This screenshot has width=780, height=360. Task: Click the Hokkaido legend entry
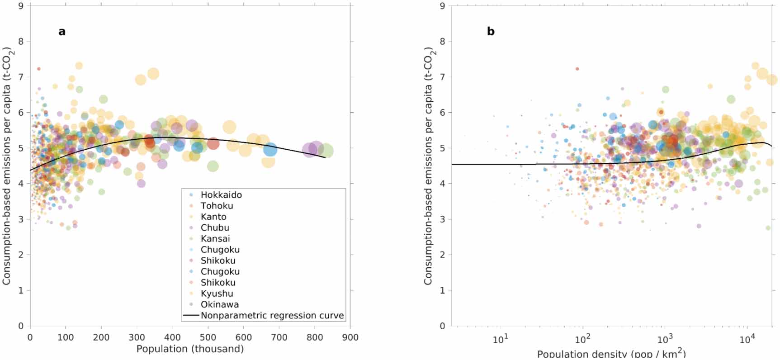[221, 195]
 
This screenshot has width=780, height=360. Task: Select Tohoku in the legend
[217, 206]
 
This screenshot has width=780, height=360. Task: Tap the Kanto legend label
[213, 217]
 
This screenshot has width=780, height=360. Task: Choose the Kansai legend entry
[215, 239]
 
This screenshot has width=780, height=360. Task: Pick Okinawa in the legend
[220, 304]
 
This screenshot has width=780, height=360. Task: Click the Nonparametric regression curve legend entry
[272, 315]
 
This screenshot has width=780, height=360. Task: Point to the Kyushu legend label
[217, 294]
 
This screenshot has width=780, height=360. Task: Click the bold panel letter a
[62, 32]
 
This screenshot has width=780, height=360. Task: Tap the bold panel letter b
[491, 32]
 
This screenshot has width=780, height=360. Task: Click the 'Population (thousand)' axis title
[190, 349]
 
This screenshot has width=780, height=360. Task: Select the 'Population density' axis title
[611, 354]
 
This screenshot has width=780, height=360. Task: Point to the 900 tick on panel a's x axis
[350, 337]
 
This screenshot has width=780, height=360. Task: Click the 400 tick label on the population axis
[172, 337]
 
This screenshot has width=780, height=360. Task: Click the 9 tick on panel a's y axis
[21, 6]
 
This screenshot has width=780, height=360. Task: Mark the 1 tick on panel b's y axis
[442, 290]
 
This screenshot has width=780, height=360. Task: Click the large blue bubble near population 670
[270, 149]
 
